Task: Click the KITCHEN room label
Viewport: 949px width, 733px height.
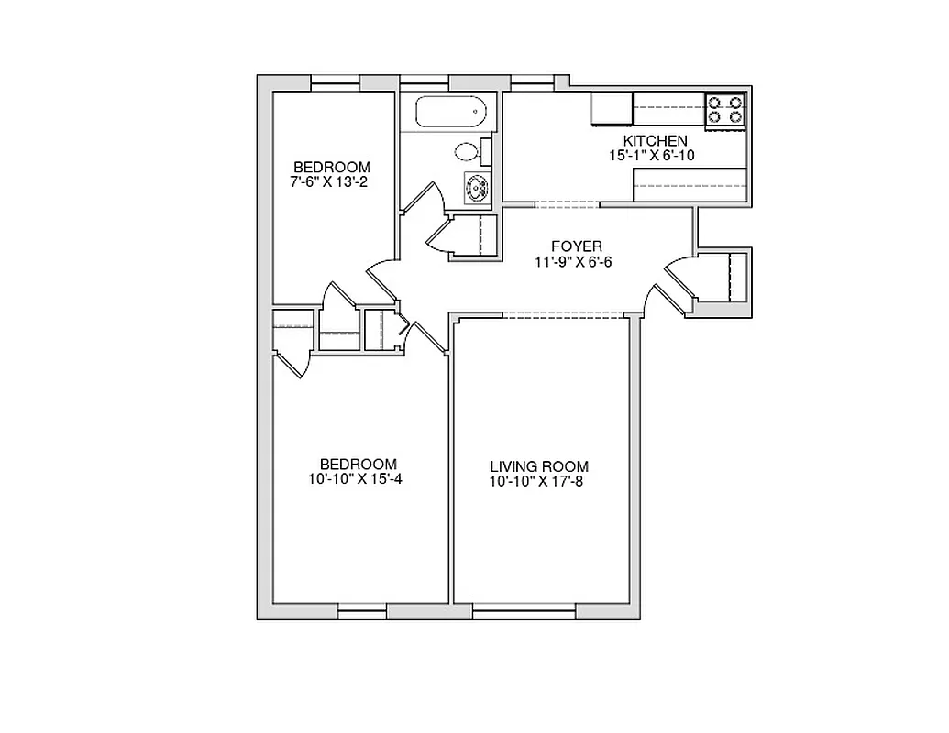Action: pos(655,140)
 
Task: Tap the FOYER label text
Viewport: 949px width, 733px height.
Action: pos(576,246)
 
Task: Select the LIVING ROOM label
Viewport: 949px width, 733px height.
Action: pos(538,466)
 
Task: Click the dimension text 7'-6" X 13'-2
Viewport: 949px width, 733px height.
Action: pos(331,181)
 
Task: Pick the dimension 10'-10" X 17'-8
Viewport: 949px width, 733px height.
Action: pos(538,481)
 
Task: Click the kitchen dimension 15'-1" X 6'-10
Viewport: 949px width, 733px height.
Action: pos(652,155)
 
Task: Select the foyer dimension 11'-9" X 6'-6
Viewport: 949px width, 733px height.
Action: pos(574,261)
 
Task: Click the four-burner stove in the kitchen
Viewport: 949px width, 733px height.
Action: pos(724,110)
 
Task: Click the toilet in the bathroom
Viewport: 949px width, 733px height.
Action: pos(470,151)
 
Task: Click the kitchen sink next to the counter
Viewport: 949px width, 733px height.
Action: pos(612,109)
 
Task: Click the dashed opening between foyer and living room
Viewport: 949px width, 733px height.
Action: pos(563,314)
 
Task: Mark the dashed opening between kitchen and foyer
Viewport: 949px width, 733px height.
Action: pos(566,204)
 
